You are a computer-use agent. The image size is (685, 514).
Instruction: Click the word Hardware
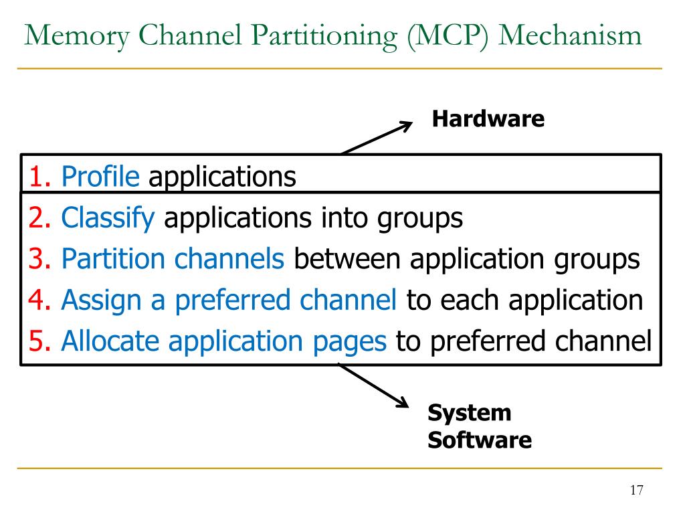point(488,120)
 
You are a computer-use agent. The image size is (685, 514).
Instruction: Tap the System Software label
point(479,426)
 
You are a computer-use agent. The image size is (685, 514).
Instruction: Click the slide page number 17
point(635,491)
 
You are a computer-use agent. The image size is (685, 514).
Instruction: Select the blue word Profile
point(100,177)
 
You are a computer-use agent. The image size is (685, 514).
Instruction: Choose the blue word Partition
point(112,260)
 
